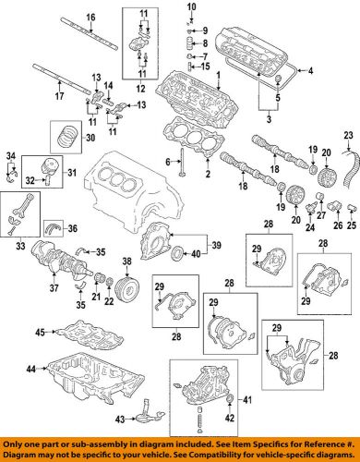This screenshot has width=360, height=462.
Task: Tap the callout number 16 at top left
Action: point(39,18)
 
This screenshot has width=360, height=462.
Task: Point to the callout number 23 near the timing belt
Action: point(349,136)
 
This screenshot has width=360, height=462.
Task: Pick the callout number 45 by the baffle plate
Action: point(40,331)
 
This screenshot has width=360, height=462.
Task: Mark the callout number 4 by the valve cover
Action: point(310,71)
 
